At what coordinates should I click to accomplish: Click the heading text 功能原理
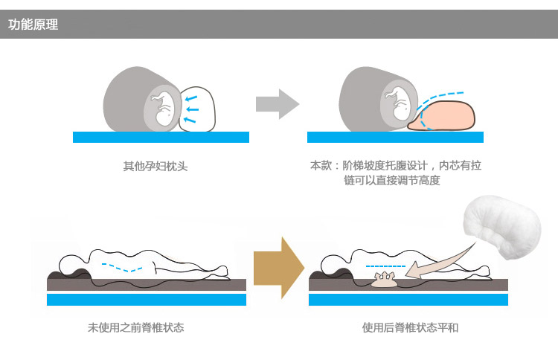33,25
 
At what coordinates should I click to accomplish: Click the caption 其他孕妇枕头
155,166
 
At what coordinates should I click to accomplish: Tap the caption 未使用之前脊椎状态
135,327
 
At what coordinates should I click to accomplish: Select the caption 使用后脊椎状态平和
410,327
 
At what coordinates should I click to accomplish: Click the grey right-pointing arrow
278,104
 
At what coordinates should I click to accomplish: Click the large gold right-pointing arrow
279,268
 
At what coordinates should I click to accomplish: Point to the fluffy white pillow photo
502,227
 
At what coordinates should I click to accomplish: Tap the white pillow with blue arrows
197,109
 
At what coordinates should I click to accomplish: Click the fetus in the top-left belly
164,108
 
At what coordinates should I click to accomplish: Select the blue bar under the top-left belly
161,138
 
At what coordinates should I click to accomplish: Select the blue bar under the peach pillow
395,138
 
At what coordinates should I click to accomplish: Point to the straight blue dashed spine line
385,266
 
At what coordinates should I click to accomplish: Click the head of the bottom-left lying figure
72,264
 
